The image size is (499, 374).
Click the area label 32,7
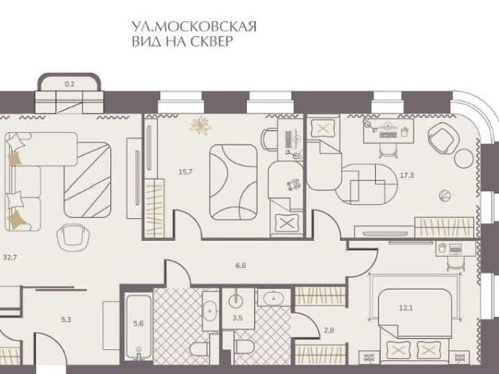coord(11,255)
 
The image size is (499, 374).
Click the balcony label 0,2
coord(69,82)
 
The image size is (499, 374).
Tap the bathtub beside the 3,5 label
coord(271,298)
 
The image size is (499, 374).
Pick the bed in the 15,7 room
coord(232,181)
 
